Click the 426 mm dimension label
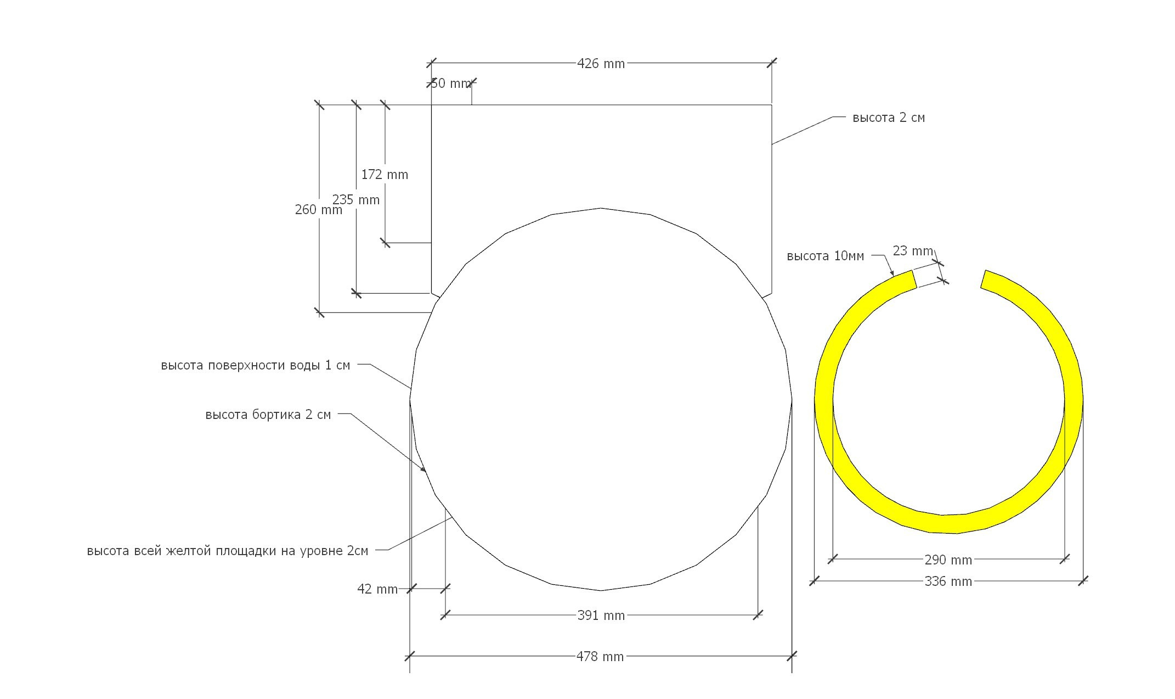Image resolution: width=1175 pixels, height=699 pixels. (x=601, y=64)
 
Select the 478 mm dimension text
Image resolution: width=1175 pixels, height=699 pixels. (x=600, y=657)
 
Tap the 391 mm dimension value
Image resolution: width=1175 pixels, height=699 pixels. (x=601, y=616)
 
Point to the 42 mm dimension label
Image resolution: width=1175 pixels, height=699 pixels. (x=377, y=589)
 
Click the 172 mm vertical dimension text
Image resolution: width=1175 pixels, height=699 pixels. (x=385, y=175)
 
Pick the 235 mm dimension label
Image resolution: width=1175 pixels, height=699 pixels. (x=356, y=200)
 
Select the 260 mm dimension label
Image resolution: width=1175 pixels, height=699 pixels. (x=318, y=210)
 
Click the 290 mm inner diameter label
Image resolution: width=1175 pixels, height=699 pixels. (x=948, y=560)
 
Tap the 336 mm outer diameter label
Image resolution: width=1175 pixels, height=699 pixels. (x=948, y=581)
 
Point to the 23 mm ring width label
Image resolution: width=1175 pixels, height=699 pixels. (x=912, y=251)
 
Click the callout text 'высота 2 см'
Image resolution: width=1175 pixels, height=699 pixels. (x=888, y=118)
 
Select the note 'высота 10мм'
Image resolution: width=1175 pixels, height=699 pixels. (x=825, y=256)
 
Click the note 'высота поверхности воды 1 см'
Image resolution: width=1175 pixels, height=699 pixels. (x=255, y=366)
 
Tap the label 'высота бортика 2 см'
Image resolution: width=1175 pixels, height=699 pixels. (x=268, y=415)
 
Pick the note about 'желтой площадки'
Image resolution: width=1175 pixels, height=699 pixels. (x=227, y=551)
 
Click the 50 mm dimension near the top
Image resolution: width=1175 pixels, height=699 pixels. (x=451, y=83)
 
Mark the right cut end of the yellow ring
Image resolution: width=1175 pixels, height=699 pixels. (x=984, y=279)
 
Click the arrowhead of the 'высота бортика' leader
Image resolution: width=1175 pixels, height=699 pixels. (x=424, y=470)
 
